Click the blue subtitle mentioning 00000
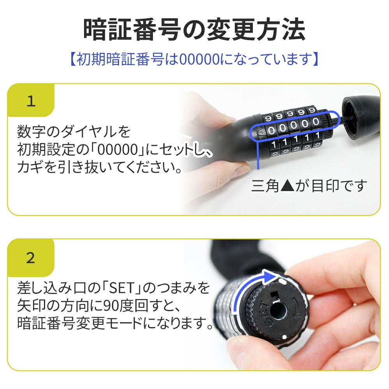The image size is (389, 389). coord(194,60)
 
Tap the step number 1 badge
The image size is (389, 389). coord(31,102)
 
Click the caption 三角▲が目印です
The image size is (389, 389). coord(309,186)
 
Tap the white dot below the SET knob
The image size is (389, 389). coord(285,336)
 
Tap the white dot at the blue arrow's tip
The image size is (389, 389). coord(281,279)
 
